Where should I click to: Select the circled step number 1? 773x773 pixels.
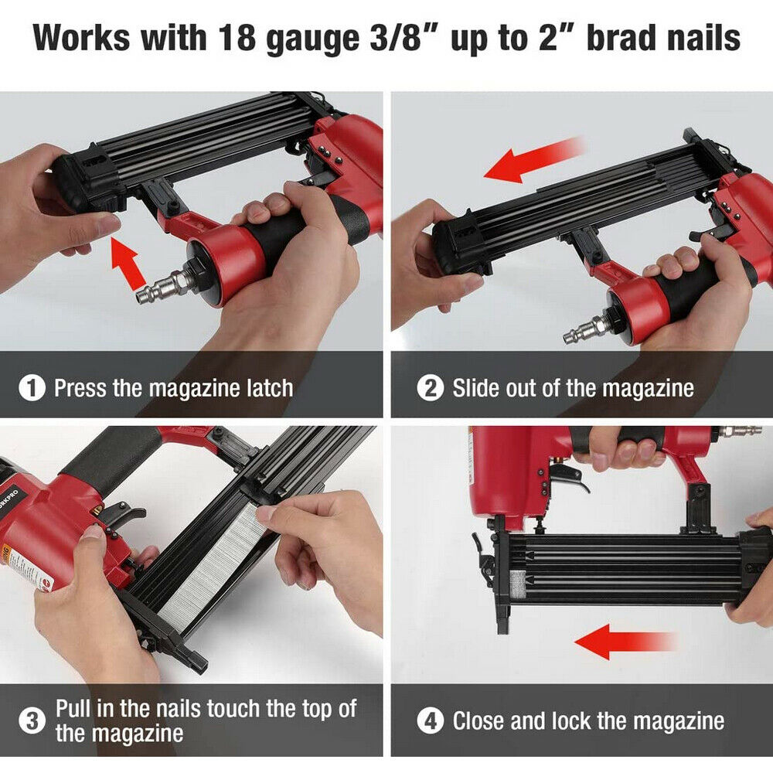pos(32,387)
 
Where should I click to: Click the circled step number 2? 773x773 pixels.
pos(431,387)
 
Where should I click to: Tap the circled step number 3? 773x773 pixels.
pos(32,720)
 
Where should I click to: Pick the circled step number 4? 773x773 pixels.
pos(431,720)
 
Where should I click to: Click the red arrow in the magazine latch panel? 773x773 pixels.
pos(128,263)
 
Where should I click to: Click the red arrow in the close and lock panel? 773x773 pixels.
pos(625,642)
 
